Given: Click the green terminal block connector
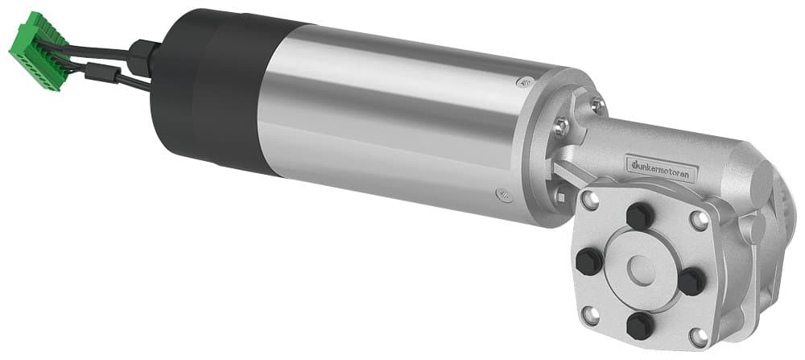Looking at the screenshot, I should point(36,49).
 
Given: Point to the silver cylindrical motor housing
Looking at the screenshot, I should point(386,121).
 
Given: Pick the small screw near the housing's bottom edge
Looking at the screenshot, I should point(502,193).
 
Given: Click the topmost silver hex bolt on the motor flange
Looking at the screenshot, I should point(596,103).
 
